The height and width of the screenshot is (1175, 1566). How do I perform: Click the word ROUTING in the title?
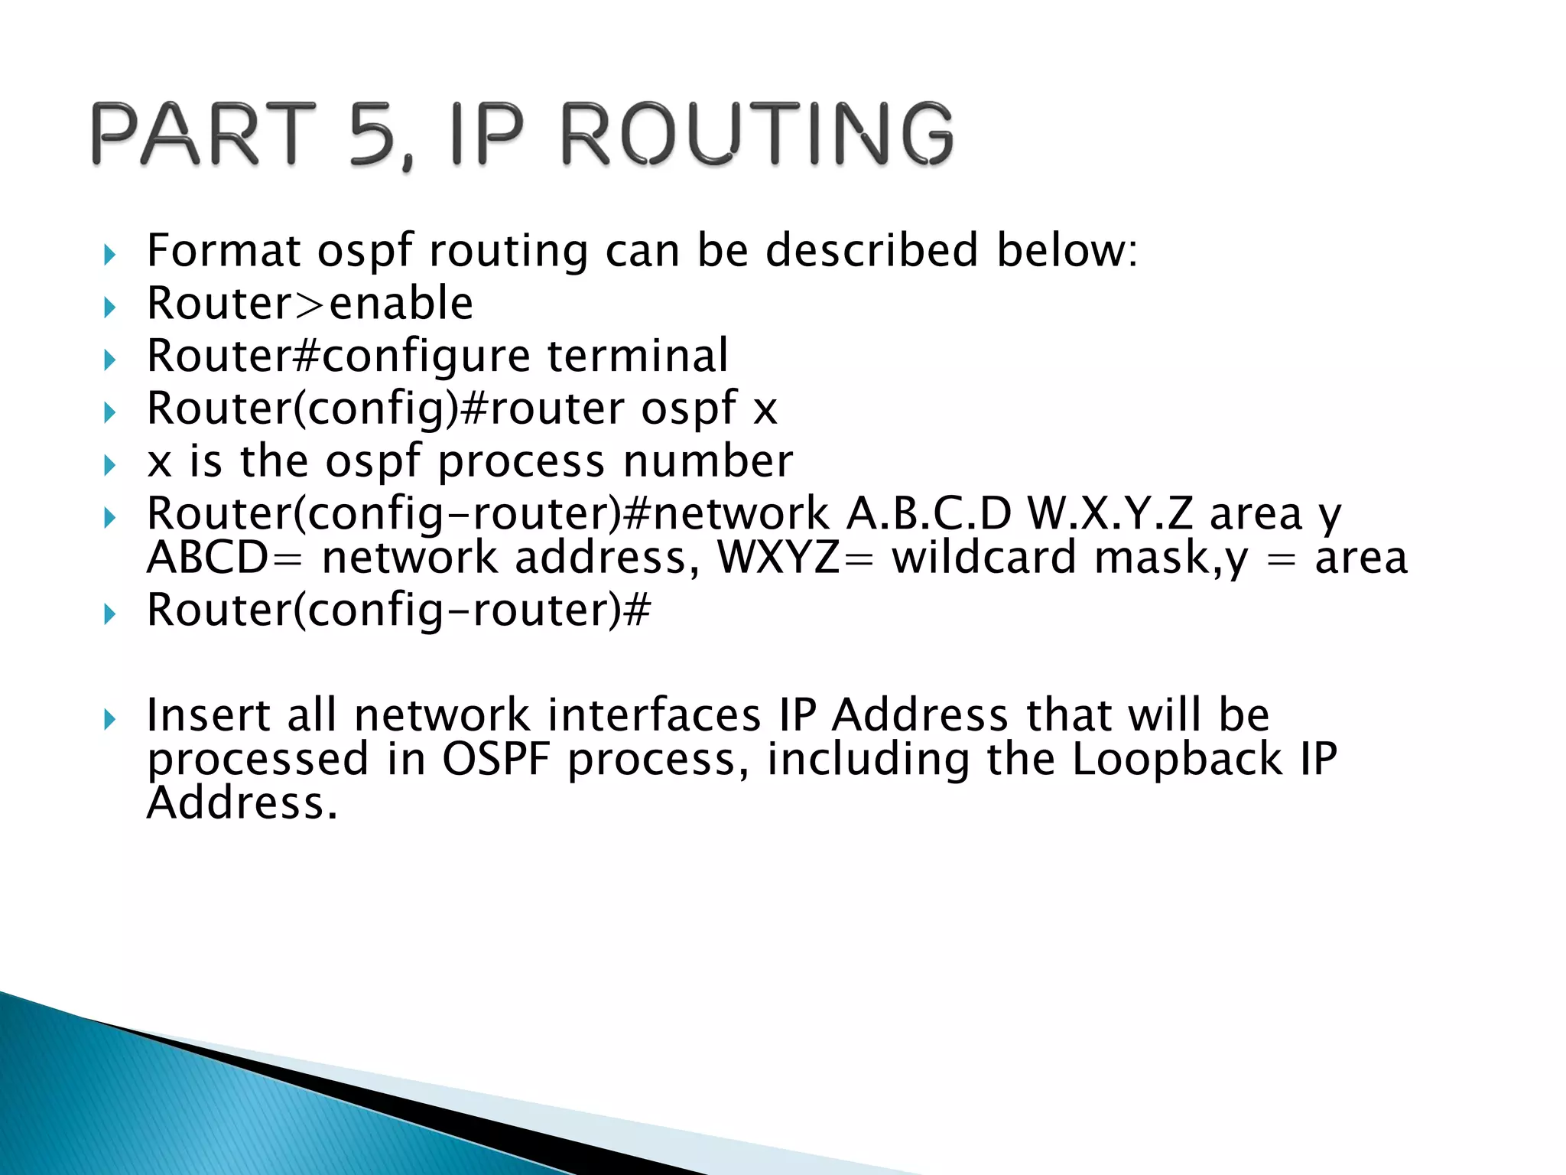[757, 135]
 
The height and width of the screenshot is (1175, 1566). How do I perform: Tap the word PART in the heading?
[203, 135]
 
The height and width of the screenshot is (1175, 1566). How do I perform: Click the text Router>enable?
[310, 303]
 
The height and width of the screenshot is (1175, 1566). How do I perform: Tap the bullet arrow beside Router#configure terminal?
[109, 359]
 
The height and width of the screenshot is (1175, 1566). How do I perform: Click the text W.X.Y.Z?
[1110, 513]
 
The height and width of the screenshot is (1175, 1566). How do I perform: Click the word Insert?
[208, 715]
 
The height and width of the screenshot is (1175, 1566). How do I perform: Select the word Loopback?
[1177, 759]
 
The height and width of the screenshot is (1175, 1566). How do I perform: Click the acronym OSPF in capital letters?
[496, 759]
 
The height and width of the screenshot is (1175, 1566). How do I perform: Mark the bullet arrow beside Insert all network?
[109, 718]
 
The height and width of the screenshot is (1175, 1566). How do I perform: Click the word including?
[868, 759]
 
